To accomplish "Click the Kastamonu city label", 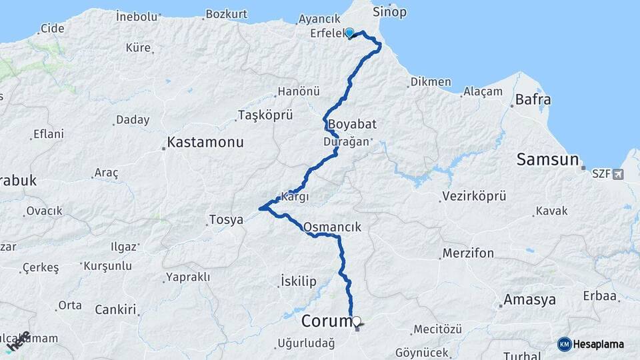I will click(x=205, y=142).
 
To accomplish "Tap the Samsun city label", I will click(x=547, y=159).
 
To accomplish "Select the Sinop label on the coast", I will click(x=389, y=12).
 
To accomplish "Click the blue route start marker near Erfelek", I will click(x=349, y=32).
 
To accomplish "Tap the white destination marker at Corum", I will click(x=357, y=321).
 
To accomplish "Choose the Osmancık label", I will click(x=332, y=227).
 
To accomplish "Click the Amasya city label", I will click(x=529, y=299).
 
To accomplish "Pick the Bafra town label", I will click(x=533, y=100).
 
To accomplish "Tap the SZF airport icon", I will click(x=617, y=174).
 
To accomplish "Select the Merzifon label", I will click(x=467, y=253).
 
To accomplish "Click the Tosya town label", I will click(x=226, y=219).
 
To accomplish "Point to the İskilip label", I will click(x=299, y=281).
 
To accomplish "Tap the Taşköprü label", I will click(x=265, y=115).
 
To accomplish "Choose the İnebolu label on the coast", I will click(x=137, y=15).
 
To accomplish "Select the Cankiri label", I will click(x=115, y=309).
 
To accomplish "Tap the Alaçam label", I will click(x=482, y=91).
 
